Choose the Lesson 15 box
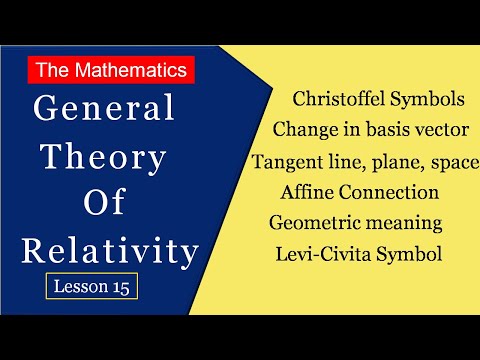point(91,286)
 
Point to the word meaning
point(410,223)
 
